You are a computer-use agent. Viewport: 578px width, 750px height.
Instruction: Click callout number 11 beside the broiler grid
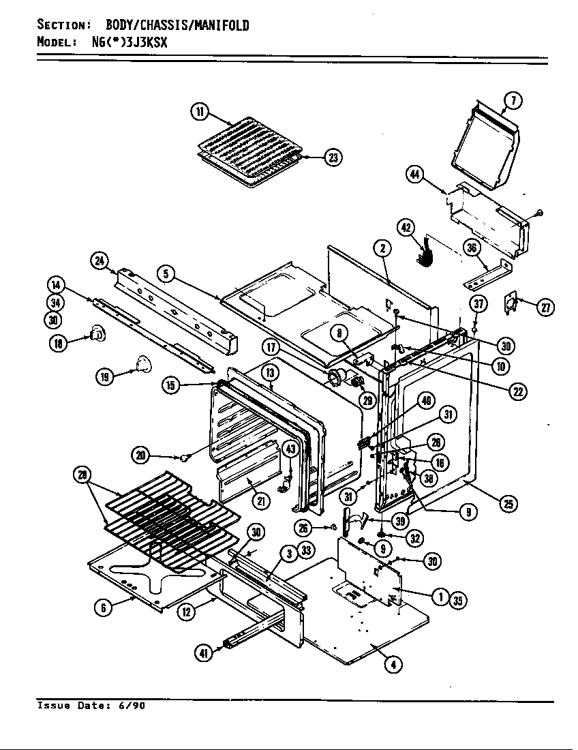pyautogui.click(x=199, y=112)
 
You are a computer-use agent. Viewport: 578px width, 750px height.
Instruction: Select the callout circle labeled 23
pyautogui.click(x=333, y=157)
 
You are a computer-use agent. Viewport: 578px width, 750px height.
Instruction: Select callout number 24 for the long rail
pyautogui.click(x=100, y=260)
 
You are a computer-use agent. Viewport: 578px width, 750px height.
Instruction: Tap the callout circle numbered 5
pyautogui.click(x=166, y=274)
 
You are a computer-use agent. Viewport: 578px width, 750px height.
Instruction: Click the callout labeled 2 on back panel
pyautogui.click(x=383, y=249)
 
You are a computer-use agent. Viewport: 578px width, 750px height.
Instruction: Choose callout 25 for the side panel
pyautogui.click(x=508, y=504)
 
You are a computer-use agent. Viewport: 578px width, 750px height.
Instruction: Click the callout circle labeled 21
pyautogui.click(x=262, y=500)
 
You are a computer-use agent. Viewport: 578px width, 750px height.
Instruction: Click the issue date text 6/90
pyautogui.click(x=134, y=706)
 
